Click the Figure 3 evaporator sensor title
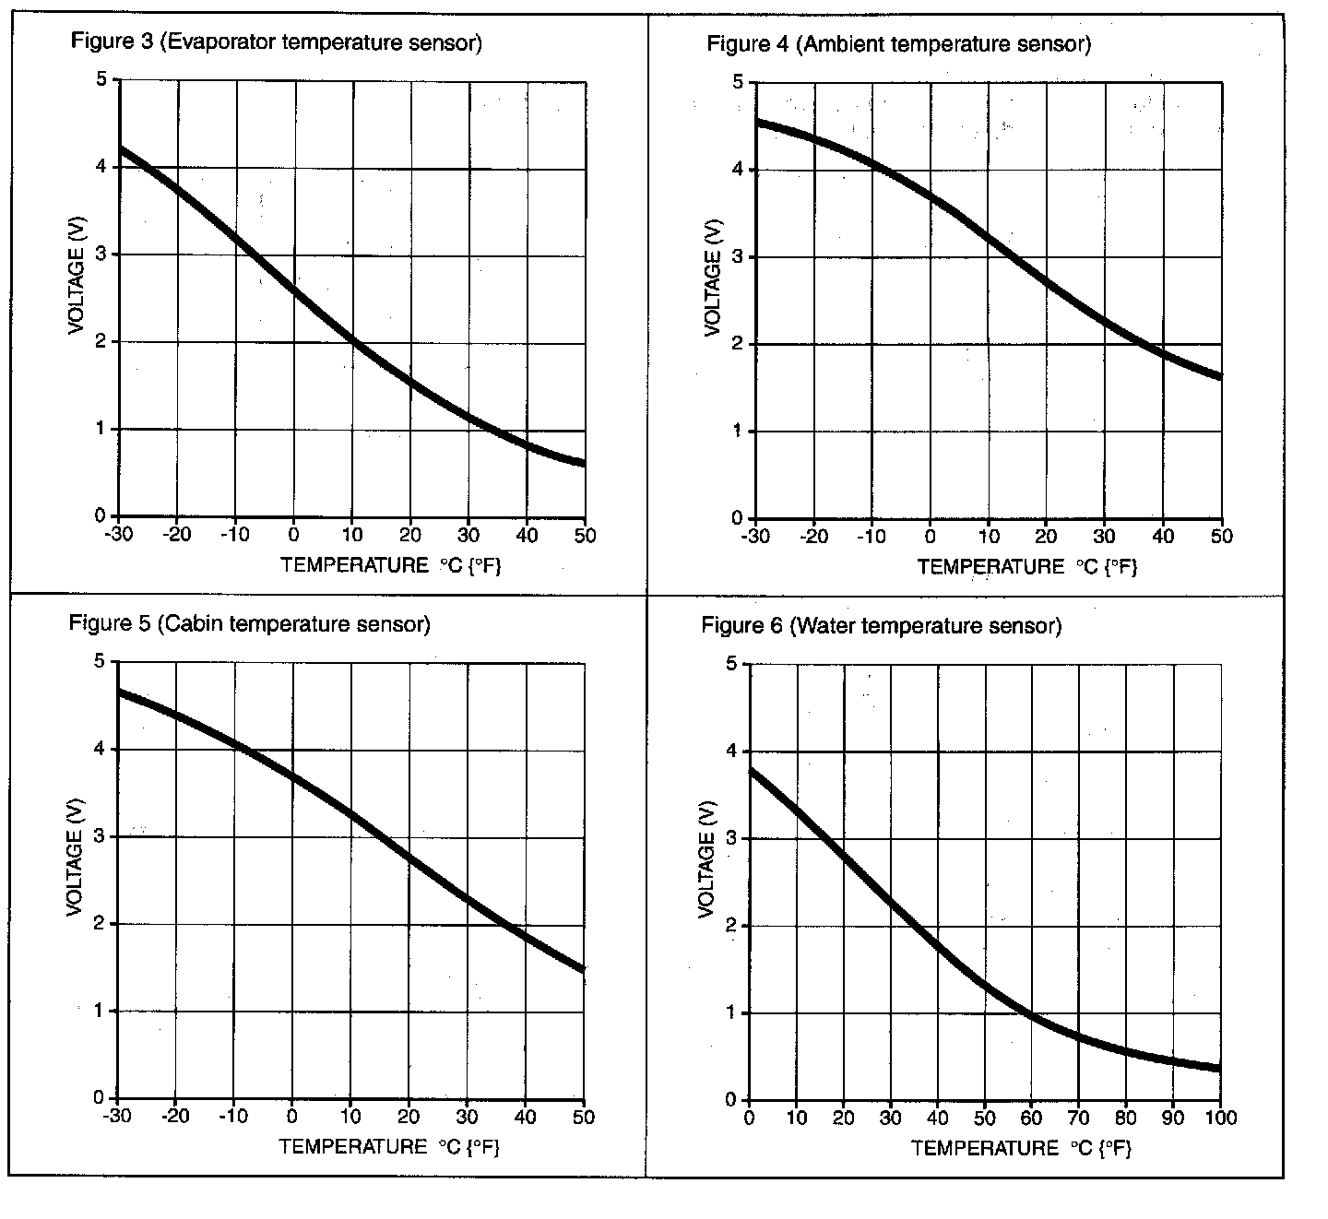tap(277, 42)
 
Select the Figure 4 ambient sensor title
tap(898, 44)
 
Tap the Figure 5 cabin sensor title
tap(250, 624)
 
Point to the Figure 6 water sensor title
tap(882, 626)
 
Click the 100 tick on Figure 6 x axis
tap(1219, 1118)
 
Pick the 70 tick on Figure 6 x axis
tap(1078, 1118)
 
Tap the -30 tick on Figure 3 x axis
tap(117, 535)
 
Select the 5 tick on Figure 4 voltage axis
tap(738, 83)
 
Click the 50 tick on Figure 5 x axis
tap(584, 1117)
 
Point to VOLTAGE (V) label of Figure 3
tap(77, 280)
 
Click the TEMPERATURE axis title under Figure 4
tap(1027, 566)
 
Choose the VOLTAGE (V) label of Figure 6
tap(707, 860)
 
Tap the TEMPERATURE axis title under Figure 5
tap(389, 1147)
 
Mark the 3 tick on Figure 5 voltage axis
tap(99, 836)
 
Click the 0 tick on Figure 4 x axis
tap(931, 537)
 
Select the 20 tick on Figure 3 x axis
tap(410, 535)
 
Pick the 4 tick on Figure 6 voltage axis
tap(731, 752)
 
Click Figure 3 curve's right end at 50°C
tap(583, 463)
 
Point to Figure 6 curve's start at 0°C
tap(750, 770)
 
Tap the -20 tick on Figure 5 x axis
tap(175, 1117)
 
